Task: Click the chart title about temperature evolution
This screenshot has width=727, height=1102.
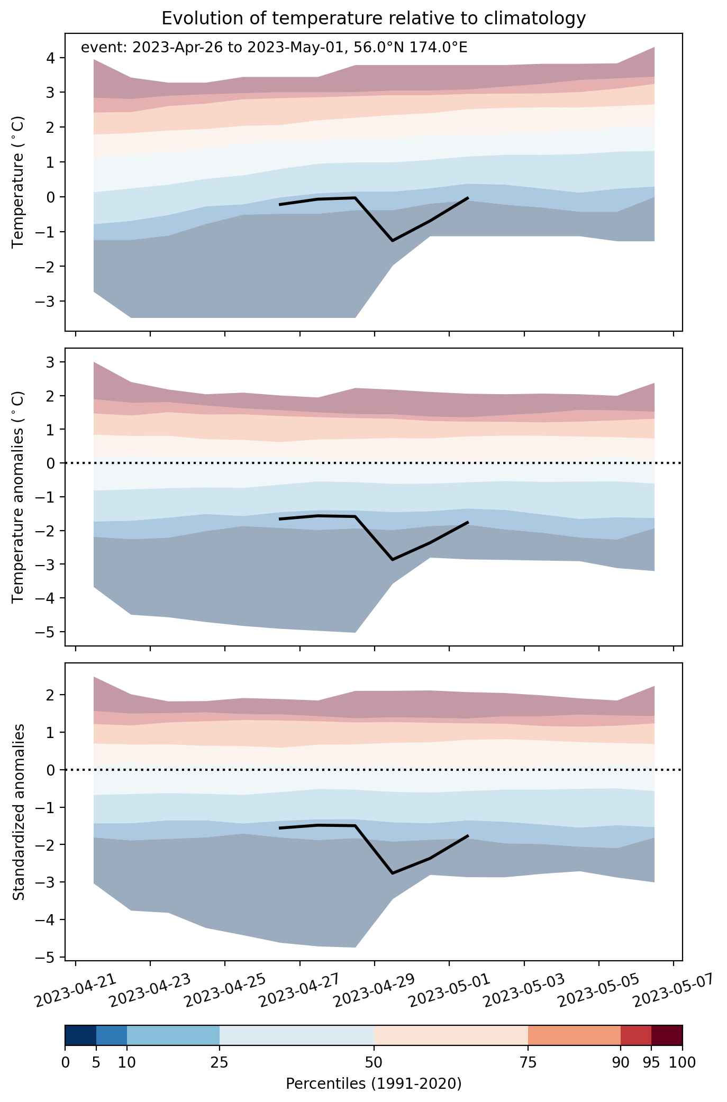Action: [x=374, y=18]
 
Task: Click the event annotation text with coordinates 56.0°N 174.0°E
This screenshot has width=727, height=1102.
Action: [x=274, y=48]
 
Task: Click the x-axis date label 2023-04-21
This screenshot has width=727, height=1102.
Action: [x=76, y=993]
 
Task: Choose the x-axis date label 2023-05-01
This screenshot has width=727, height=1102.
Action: [x=449, y=993]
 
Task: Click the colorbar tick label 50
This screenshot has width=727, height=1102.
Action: [x=374, y=1062]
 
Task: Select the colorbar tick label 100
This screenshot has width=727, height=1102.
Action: [x=683, y=1062]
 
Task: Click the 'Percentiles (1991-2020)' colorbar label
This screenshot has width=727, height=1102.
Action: [x=374, y=1084]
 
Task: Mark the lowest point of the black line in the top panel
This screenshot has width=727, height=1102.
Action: [x=393, y=241]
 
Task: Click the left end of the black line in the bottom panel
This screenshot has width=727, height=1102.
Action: [x=280, y=828]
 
